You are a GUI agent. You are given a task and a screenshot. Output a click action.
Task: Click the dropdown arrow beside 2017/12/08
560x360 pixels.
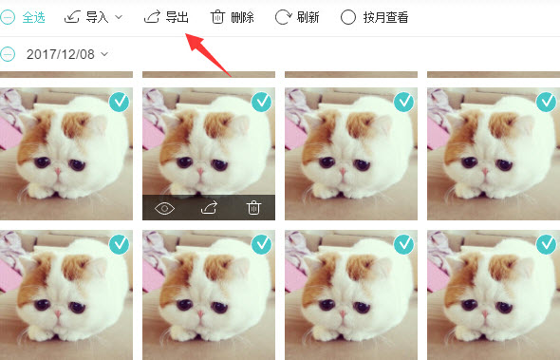click(x=104, y=53)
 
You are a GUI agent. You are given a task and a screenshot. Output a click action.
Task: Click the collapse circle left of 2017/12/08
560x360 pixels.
click(x=9, y=53)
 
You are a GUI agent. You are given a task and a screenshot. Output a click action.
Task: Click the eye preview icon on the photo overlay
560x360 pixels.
click(x=165, y=208)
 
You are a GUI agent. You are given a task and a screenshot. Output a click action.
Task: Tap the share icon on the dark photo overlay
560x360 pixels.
click(x=210, y=208)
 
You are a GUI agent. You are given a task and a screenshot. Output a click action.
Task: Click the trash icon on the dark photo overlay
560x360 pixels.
click(x=253, y=208)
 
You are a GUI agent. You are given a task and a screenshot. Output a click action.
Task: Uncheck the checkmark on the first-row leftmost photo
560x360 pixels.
click(x=119, y=102)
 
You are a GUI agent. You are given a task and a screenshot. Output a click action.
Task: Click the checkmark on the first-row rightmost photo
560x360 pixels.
click(x=546, y=102)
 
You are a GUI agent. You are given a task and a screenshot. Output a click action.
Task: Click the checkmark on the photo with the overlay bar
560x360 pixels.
click(x=261, y=102)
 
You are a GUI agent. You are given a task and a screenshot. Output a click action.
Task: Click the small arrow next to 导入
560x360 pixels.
click(x=119, y=17)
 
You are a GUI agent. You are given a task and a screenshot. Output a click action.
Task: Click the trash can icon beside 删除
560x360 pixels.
click(x=218, y=17)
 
